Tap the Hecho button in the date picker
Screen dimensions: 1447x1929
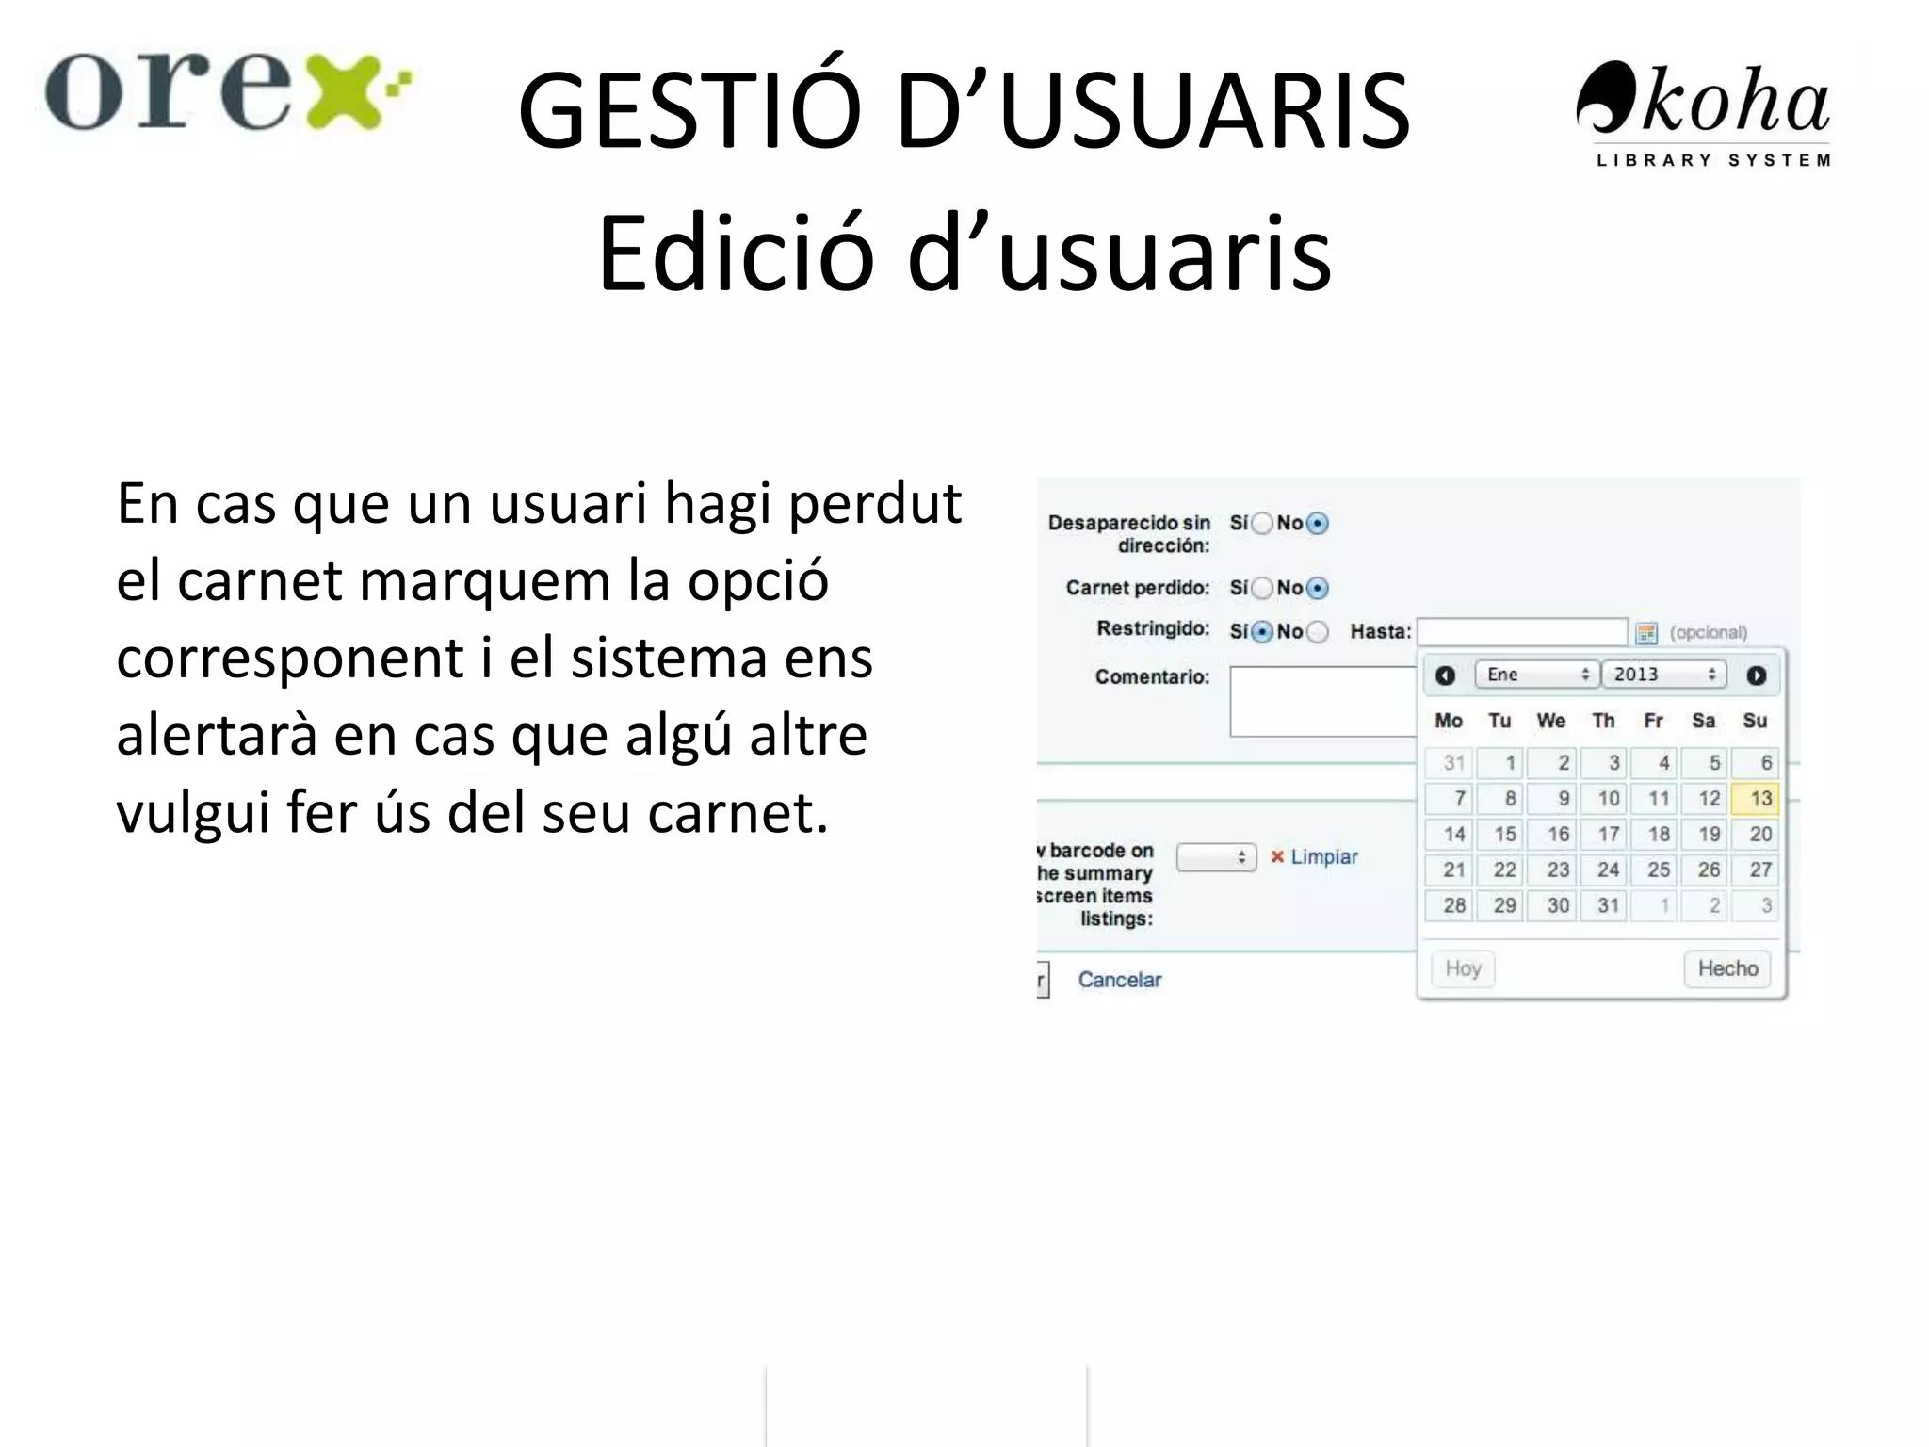1727,968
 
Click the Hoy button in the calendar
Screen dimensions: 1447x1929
1463,968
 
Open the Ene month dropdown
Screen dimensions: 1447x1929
1536,675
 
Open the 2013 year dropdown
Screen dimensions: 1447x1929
1663,675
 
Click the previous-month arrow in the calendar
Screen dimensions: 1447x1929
1445,675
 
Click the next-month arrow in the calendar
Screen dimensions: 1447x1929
1757,675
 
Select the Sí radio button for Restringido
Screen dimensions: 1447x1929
1262,632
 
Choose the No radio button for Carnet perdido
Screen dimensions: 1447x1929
1318,588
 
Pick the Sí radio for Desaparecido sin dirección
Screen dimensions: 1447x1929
1262,523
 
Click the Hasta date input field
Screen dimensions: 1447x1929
1522,631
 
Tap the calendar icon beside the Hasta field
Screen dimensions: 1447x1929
1646,633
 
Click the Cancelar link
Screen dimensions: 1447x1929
1119,980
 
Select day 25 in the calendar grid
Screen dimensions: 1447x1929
1657,870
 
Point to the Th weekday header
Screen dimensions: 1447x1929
1603,721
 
